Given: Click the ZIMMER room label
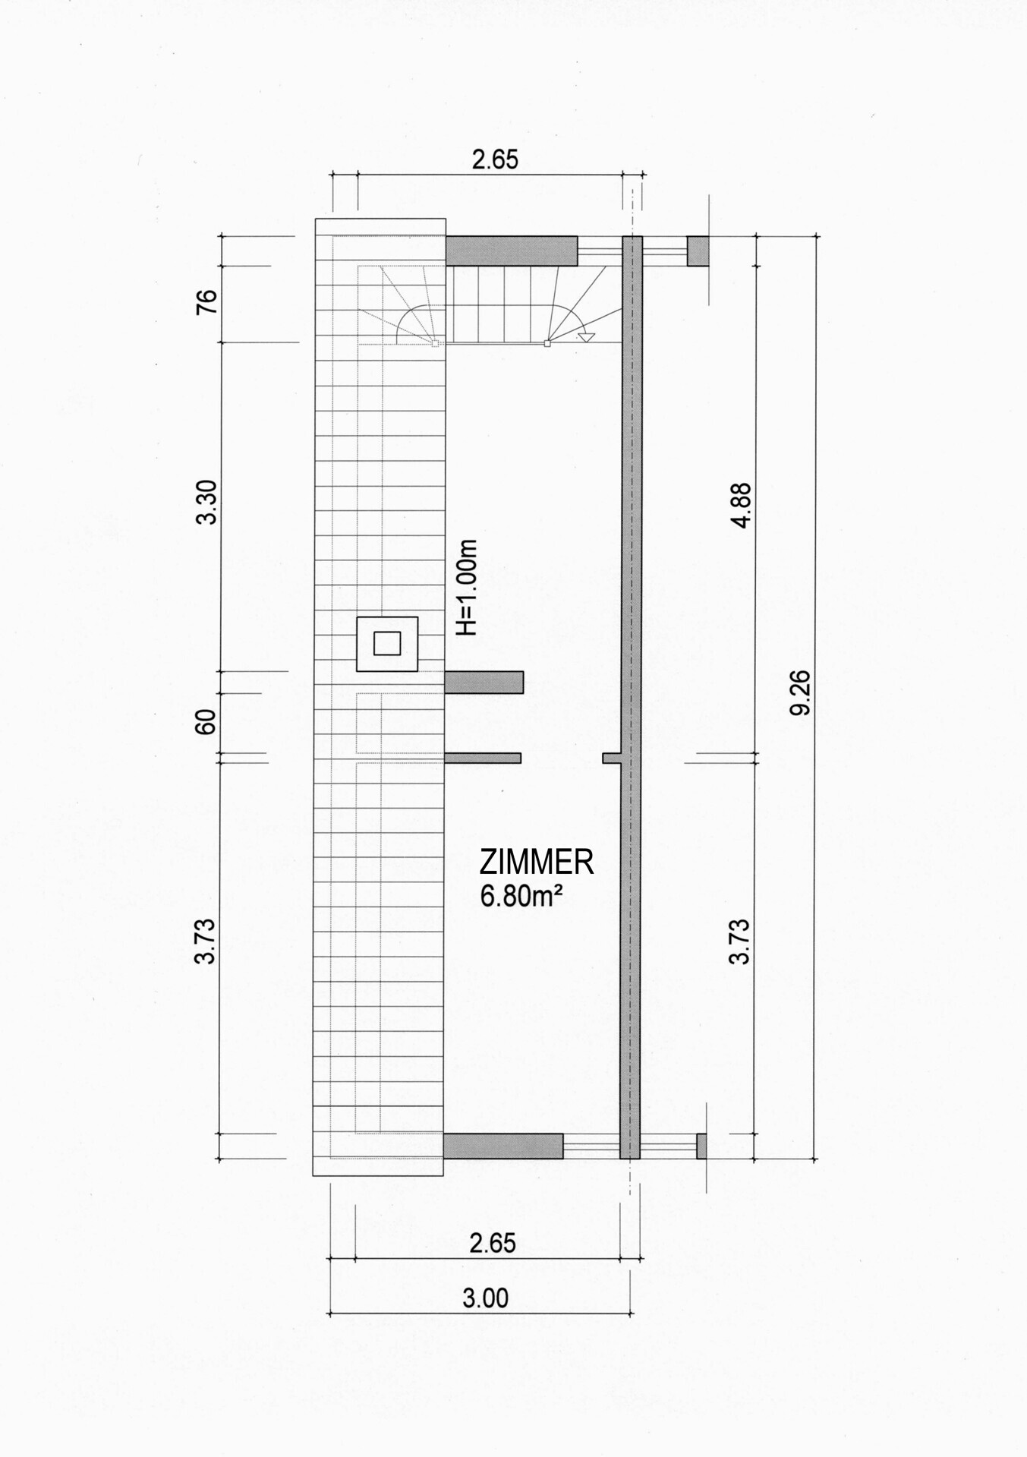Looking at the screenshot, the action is tap(536, 863).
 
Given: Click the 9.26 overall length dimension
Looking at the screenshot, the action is tap(801, 692).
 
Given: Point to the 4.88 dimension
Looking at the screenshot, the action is tap(740, 505).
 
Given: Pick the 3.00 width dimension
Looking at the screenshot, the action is tap(485, 1298).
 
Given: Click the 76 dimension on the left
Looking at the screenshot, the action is tap(206, 301).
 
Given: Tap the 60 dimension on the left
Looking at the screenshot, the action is tap(206, 721).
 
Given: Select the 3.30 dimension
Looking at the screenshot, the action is tap(206, 501).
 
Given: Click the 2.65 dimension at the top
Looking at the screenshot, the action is tap(495, 159).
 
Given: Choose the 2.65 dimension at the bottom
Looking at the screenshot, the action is tap(493, 1243).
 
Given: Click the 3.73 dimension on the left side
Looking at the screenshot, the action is tap(206, 941).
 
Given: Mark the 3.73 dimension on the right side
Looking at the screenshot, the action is tap(739, 941).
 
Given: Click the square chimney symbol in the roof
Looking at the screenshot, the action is tap(387, 644).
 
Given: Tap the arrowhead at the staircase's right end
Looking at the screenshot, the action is tap(587, 338).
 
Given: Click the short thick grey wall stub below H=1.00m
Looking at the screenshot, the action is tap(484, 683).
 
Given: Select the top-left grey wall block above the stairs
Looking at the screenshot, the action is tap(511, 251).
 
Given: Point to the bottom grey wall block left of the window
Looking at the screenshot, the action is tap(503, 1146).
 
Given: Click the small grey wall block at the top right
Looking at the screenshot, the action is tap(698, 251).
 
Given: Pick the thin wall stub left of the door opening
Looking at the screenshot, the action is tap(483, 758).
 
